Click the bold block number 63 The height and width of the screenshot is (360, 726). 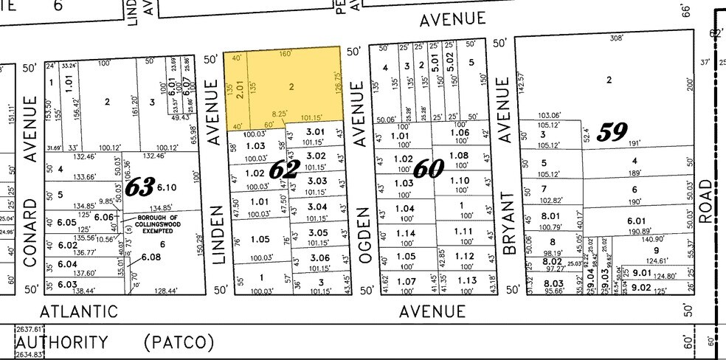(x=139, y=187)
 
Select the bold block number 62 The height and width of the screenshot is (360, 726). (x=282, y=169)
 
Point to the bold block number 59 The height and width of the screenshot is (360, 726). (x=612, y=132)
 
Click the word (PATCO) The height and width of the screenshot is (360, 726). (x=179, y=343)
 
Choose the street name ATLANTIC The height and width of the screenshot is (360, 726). (x=78, y=311)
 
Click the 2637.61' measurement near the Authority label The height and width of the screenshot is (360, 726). (x=30, y=329)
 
